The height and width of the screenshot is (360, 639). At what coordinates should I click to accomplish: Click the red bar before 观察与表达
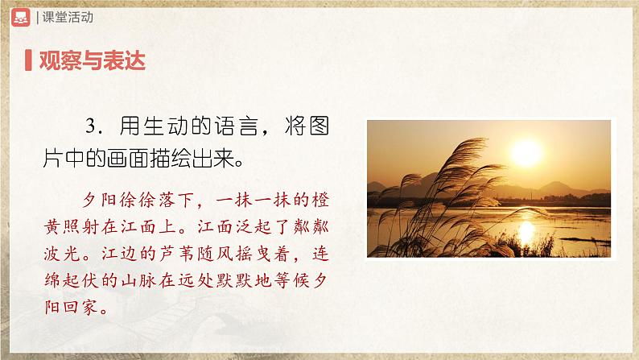(x=28, y=60)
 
